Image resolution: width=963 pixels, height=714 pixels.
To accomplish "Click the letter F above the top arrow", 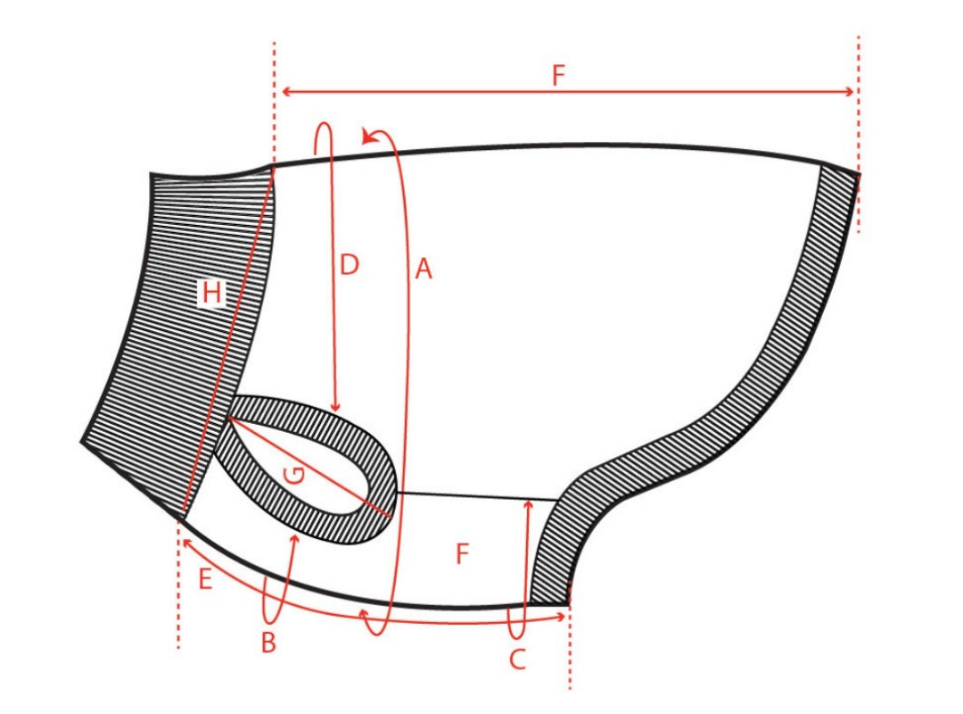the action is (x=557, y=75).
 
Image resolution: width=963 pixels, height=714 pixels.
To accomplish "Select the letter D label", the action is (x=349, y=265).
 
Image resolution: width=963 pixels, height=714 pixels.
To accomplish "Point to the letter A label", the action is (x=424, y=269).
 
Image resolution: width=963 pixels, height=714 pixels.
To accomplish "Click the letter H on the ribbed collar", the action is (x=212, y=292).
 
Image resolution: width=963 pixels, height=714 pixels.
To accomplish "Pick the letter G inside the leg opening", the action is (x=295, y=475).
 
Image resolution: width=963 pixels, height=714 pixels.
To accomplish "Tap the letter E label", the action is (x=205, y=579).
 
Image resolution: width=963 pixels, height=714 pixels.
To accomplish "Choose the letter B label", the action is (x=268, y=643).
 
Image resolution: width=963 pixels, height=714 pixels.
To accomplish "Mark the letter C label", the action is (x=517, y=660).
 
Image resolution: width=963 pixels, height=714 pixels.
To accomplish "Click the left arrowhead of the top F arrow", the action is (x=285, y=92).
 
